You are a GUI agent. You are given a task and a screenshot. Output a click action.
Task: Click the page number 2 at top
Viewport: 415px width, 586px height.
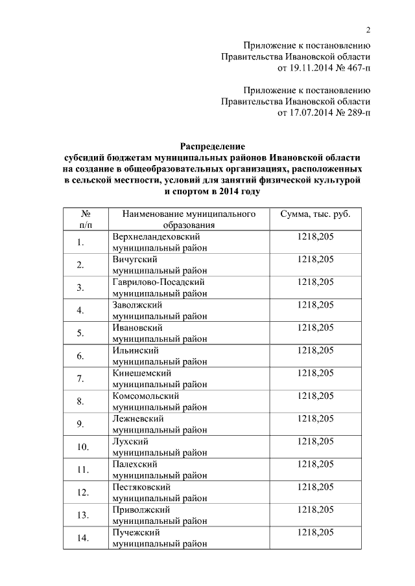click(x=368, y=30)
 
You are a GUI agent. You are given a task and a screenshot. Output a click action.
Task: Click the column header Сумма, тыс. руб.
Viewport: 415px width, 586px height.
click(x=315, y=214)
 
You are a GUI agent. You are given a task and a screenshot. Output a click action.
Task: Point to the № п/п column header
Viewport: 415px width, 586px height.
click(x=86, y=219)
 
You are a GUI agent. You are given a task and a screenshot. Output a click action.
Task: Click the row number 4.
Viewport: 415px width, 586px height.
click(x=80, y=310)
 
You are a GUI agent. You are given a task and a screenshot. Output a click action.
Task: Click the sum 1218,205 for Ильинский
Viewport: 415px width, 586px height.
click(x=315, y=350)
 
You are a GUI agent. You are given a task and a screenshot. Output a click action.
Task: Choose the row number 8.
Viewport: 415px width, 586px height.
click(x=80, y=401)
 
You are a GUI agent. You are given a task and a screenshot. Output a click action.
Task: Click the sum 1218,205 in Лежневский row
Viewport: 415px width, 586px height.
click(x=315, y=419)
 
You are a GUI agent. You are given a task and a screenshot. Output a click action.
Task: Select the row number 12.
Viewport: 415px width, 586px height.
click(x=82, y=493)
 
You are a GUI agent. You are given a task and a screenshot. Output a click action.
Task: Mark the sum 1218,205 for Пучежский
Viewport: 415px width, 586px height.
click(x=315, y=532)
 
